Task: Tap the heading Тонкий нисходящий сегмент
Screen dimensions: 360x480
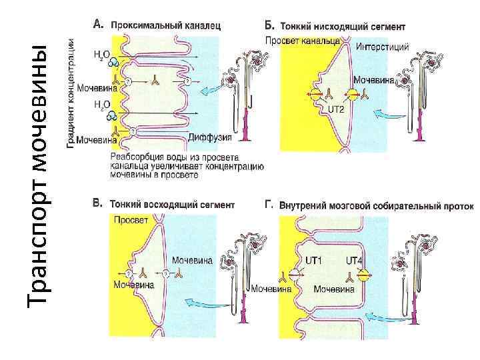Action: tap(341, 28)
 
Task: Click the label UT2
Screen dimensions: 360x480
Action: tap(335, 109)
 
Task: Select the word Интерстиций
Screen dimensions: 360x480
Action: tap(382, 47)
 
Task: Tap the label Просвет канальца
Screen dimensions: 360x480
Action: tap(302, 41)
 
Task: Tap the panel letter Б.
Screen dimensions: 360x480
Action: tap(269, 26)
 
